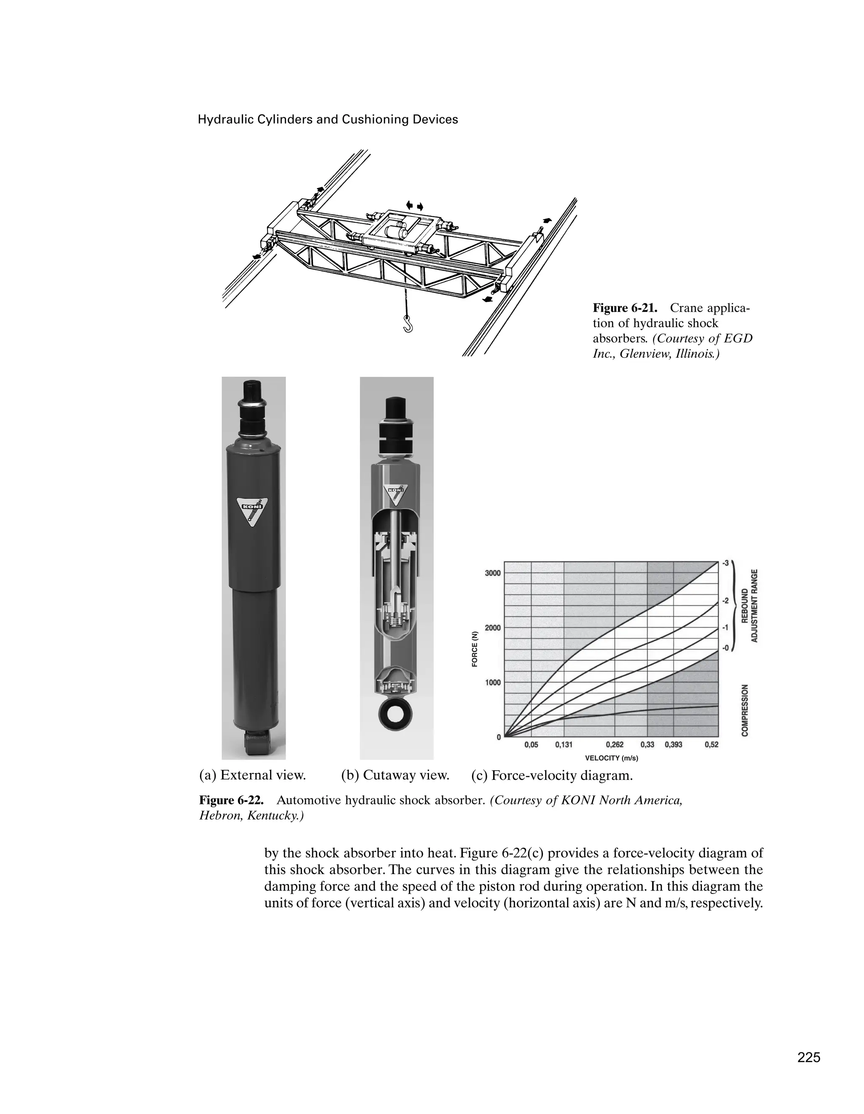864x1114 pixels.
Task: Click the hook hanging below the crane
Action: click(408, 324)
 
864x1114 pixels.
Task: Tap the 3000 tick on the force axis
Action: click(492, 573)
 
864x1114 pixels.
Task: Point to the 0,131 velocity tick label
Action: click(564, 745)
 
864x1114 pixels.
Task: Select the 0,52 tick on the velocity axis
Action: click(712, 745)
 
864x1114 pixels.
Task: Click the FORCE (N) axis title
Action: click(475, 649)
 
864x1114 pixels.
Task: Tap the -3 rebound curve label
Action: click(725, 563)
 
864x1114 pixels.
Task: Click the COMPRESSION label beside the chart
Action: click(745, 710)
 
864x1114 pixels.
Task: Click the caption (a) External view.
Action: click(252, 775)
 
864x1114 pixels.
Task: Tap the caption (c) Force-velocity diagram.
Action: click(552, 776)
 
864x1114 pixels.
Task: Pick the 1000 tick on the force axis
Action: click(492, 682)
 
